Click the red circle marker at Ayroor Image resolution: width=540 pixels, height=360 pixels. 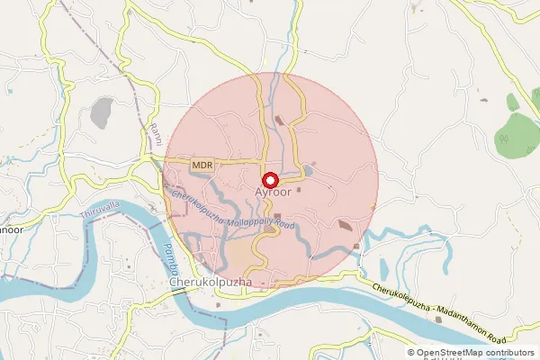(x=270, y=179)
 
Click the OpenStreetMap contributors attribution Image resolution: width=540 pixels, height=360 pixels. (x=475, y=353)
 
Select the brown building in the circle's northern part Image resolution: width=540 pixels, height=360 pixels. (x=279, y=120)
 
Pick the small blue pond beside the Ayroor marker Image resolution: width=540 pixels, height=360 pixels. (x=309, y=169)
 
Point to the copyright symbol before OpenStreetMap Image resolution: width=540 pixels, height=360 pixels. (x=411, y=353)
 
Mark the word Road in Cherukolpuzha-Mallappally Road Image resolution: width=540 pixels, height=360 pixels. (x=283, y=223)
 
